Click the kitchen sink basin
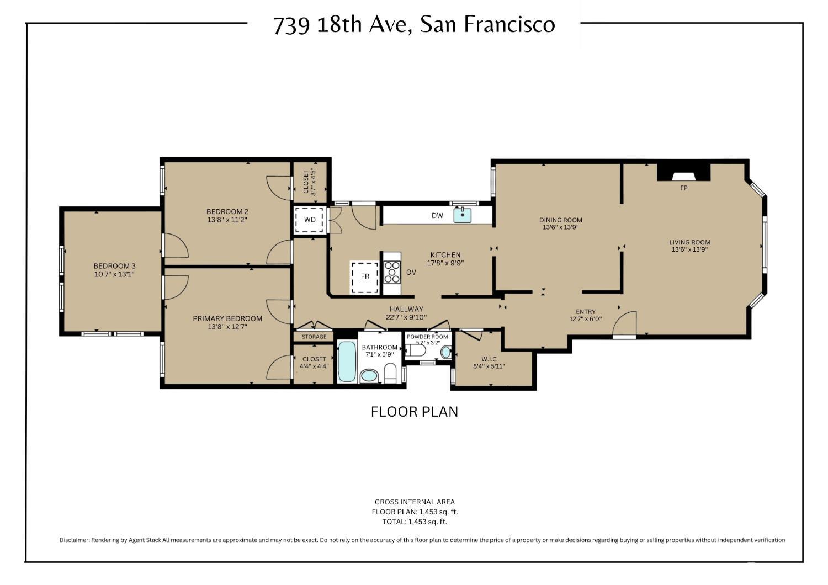(463, 215)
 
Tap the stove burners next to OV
(392, 273)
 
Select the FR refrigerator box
(365, 277)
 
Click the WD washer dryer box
(310, 220)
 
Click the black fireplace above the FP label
(684, 172)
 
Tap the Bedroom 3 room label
(115, 265)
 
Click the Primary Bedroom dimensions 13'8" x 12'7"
(227, 327)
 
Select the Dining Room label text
(561, 220)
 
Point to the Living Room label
(690, 242)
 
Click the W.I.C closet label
(489, 359)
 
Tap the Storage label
(314, 337)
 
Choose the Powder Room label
(427, 337)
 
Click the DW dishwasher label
(437, 215)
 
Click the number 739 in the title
(291, 25)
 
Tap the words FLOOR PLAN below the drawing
(415, 412)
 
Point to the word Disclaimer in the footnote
(75, 540)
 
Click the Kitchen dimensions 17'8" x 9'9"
(445, 263)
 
